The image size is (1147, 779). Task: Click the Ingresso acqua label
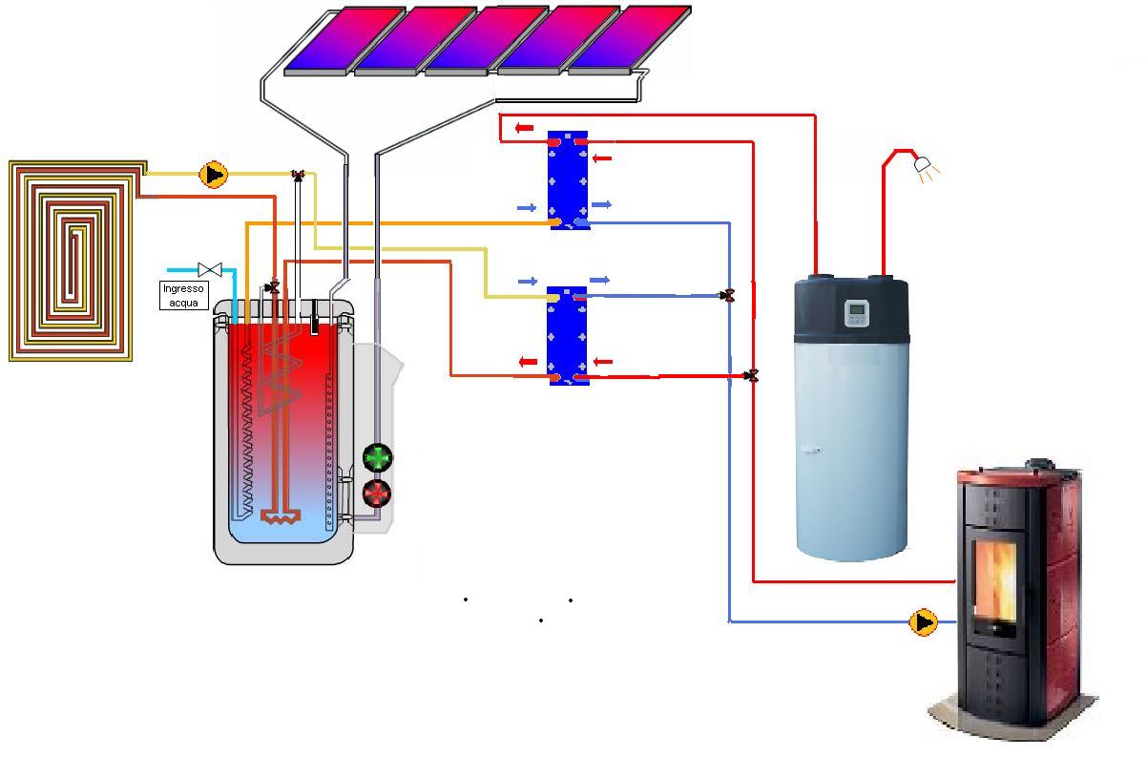[183, 295]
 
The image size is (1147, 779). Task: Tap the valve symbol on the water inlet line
[209, 270]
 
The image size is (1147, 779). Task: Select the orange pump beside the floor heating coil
[214, 175]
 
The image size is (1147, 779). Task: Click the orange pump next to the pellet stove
[923, 622]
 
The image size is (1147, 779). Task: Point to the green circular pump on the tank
[378, 458]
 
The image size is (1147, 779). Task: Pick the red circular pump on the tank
[378, 494]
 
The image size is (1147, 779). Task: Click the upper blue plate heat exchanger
[568, 180]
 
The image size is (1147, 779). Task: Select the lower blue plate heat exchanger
[568, 335]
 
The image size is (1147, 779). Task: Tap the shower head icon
[925, 166]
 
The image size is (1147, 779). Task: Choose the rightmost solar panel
[630, 38]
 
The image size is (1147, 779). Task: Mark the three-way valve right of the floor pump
[298, 175]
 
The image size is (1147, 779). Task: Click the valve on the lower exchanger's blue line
[729, 296]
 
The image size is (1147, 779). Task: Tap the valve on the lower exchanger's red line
[752, 376]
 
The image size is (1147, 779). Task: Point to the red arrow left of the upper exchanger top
[524, 128]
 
